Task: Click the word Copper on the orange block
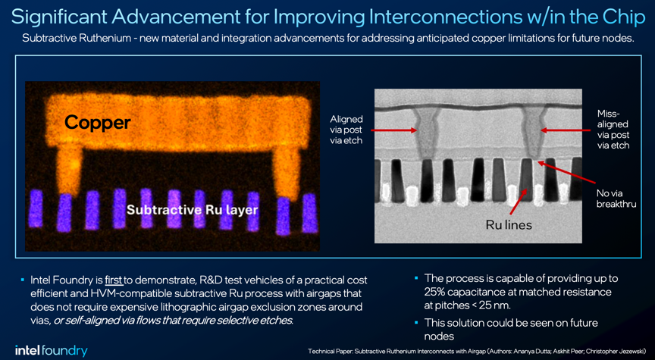(x=97, y=123)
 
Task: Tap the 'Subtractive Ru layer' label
(x=192, y=209)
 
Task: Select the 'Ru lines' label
(x=509, y=225)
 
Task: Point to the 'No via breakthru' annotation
(x=615, y=199)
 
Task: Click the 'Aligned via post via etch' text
(x=346, y=130)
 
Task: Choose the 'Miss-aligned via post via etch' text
(x=613, y=130)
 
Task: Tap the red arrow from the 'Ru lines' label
(x=519, y=202)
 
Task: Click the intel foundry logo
(x=51, y=351)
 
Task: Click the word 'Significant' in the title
(x=56, y=17)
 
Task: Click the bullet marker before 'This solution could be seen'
(x=416, y=322)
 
